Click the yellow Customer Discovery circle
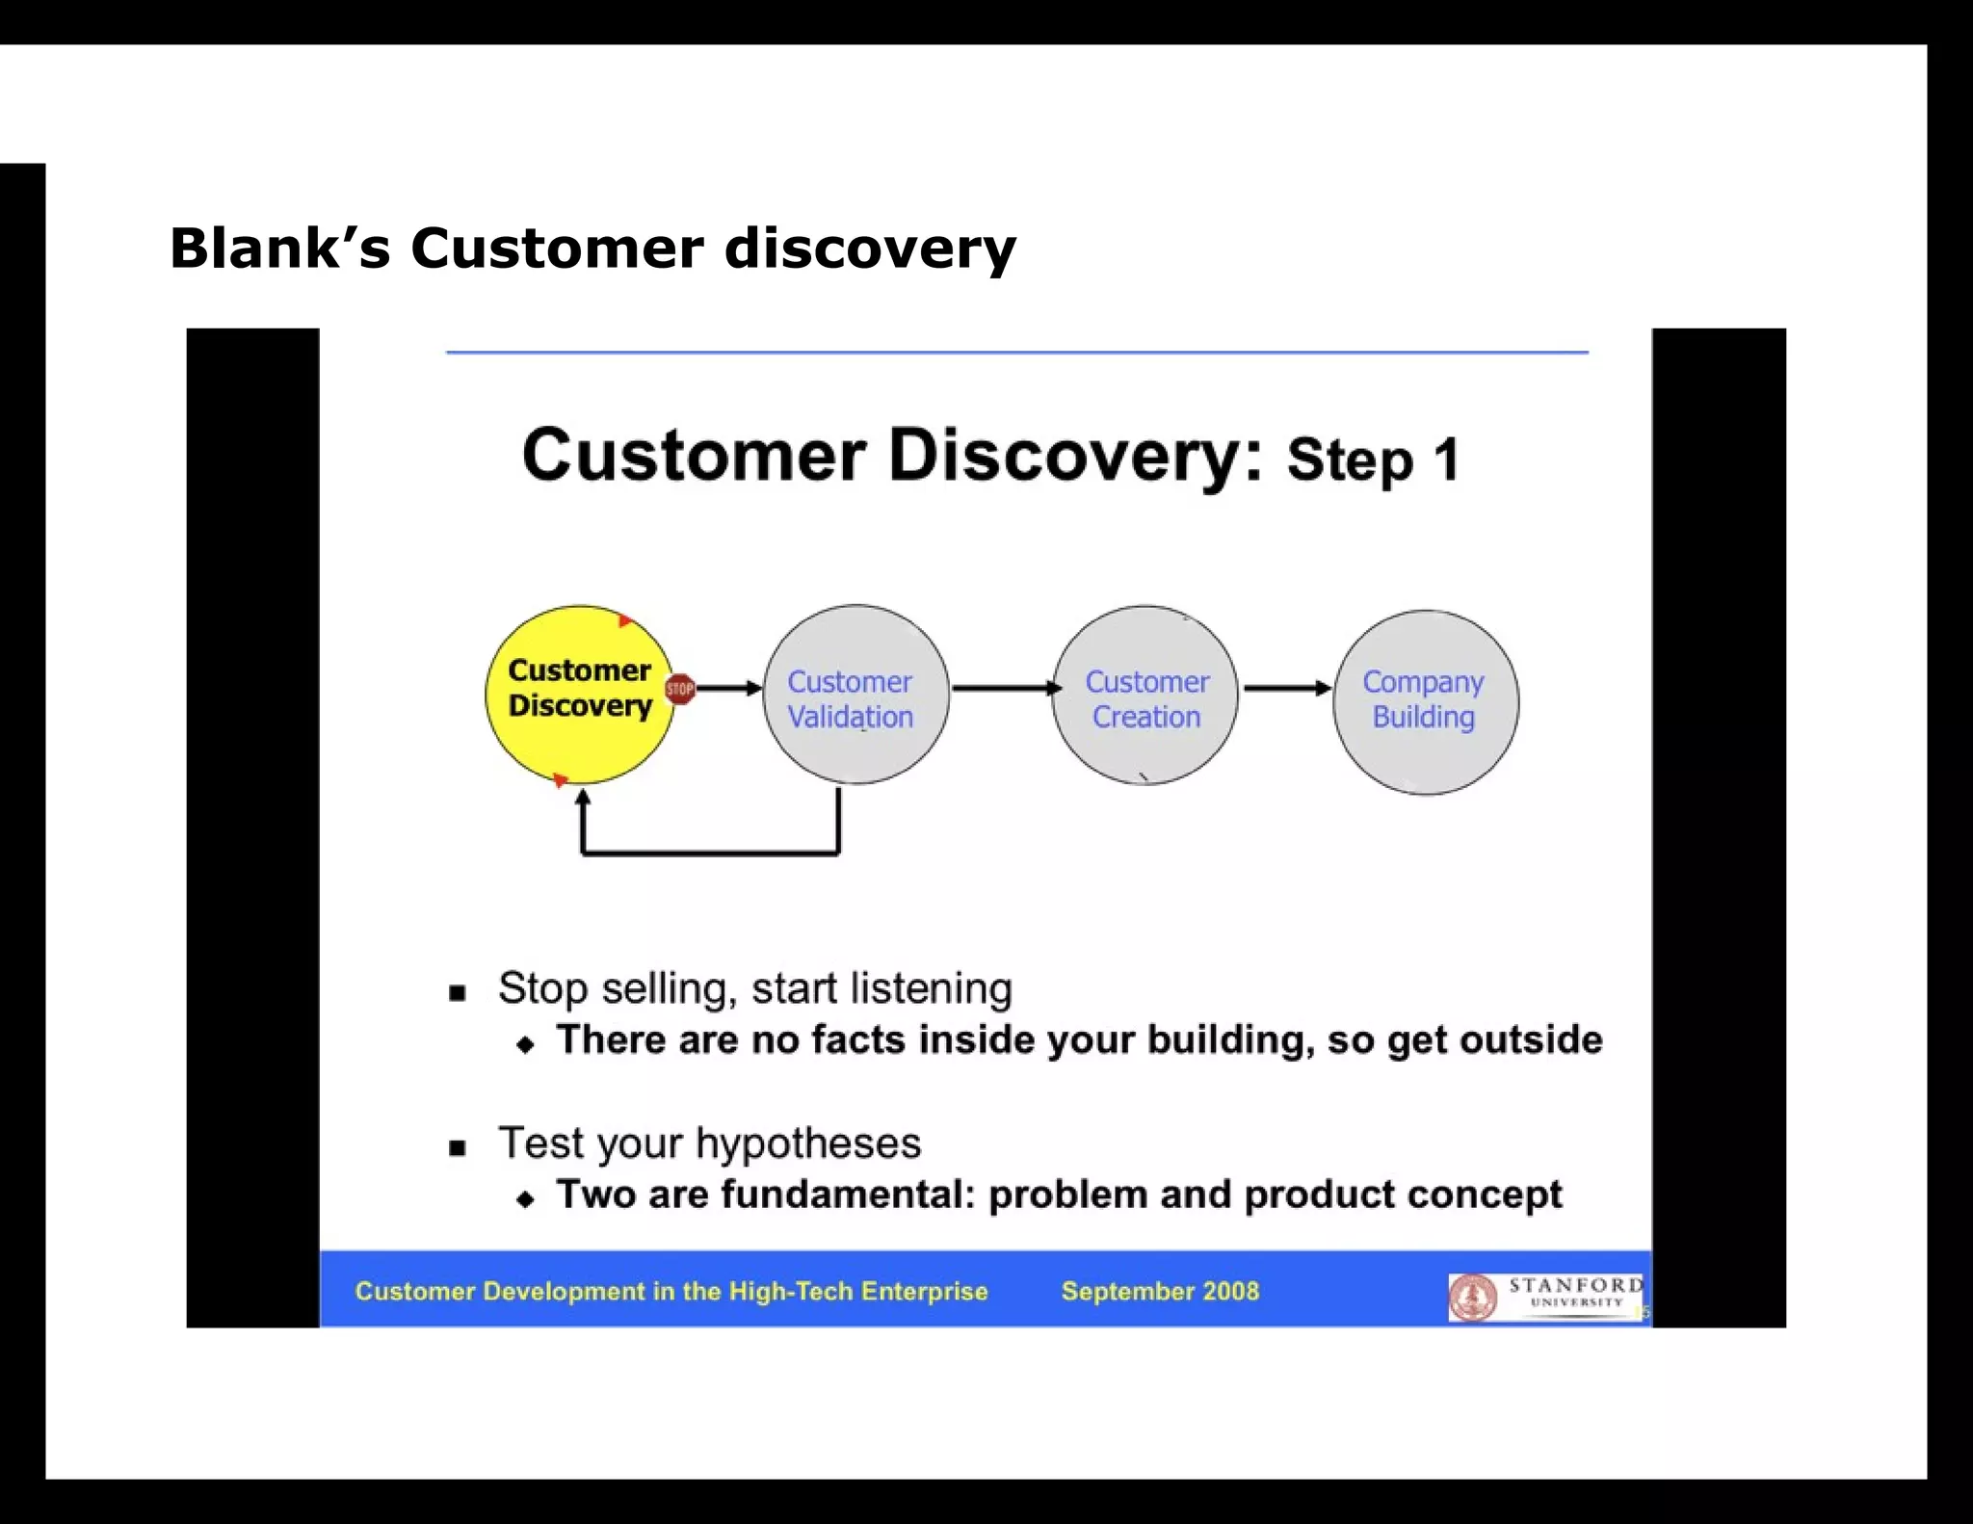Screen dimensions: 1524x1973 579,694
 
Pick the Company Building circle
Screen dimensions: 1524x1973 1425,701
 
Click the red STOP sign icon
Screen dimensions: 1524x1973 680,688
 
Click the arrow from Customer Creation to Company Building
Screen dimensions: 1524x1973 1286,688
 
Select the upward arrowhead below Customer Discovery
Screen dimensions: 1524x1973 582,798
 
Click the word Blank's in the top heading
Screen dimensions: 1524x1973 280,248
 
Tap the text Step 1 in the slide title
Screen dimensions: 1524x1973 1372,460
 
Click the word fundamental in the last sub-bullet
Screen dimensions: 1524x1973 848,1195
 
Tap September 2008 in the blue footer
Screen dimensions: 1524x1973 1160,1291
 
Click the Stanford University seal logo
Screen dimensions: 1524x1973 1473,1297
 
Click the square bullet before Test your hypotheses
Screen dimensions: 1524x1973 458,1147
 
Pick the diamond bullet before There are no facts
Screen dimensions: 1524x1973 525,1044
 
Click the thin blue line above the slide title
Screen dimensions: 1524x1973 1016,353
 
